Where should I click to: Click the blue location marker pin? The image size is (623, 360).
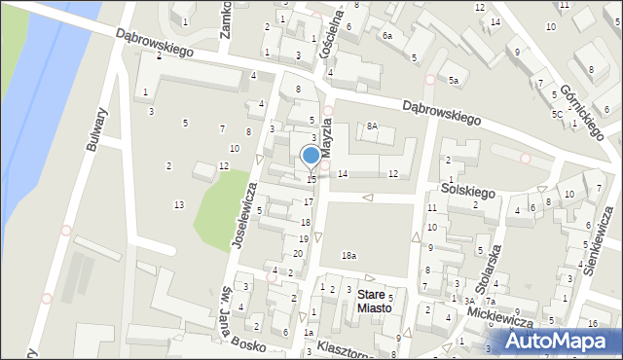coord(311,157)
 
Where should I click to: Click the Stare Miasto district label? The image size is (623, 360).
coord(374,301)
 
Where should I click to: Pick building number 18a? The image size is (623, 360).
coord(348,256)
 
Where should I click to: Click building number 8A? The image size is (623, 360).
coord(372,126)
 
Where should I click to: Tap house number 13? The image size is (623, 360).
coord(178,204)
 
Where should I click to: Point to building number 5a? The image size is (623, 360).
coord(453,81)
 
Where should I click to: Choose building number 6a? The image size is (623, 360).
coord(386,36)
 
